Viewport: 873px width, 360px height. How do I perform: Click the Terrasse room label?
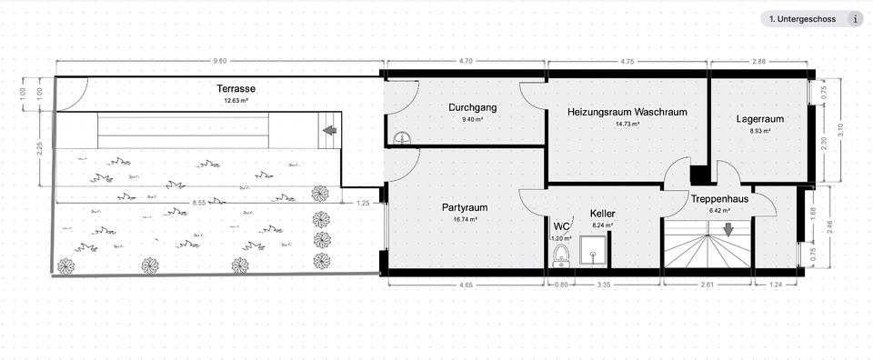coord(236,89)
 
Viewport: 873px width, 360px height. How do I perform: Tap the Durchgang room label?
coord(473,107)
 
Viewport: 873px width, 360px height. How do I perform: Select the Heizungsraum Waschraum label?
coord(627,113)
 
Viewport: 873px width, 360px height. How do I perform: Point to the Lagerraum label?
coord(760,118)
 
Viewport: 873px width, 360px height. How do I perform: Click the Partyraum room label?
coord(471,206)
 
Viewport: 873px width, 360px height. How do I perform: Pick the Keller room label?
coord(603,213)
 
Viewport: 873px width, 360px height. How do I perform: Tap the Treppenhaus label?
coord(719,198)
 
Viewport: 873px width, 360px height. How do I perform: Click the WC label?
coord(562,226)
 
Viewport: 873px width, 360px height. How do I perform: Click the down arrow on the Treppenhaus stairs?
coord(727,229)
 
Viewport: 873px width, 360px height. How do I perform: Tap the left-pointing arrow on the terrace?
coord(329,130)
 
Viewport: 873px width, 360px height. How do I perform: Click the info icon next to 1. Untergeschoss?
coord(855,18)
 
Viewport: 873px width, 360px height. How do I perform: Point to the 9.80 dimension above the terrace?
coord(219,61)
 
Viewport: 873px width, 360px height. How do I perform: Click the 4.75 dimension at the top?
coord(627,61)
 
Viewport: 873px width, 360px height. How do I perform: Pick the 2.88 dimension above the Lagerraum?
coord(759,61)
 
